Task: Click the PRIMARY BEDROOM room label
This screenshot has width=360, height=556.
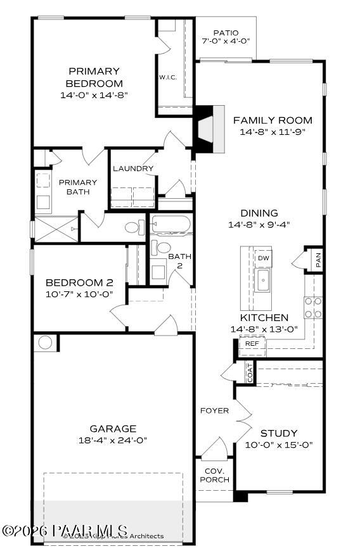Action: coord(94,77)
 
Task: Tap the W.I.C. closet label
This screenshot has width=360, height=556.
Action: coord(167,77)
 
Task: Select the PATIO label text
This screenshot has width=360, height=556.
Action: coord(226,32)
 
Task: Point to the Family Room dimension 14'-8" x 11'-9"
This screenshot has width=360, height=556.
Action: coord(273,132)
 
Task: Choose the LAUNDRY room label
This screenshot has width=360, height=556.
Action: coord(133,168)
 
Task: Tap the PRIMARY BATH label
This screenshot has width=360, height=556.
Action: coord(78,187)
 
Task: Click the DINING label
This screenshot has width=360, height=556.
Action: coord(259,213)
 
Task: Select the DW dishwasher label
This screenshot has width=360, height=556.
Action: coord(264,258)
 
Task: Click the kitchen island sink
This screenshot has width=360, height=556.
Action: coord(263,281)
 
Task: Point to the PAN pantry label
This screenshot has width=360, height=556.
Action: coord(318,259)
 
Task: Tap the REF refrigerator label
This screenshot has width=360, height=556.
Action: coord(252,343)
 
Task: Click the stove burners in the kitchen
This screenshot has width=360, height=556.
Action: coord(312,308)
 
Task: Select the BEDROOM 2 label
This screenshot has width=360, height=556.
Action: coord(79,282)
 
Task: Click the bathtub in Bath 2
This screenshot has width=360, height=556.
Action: coord(170,225)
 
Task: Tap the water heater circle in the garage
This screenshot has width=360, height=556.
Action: coord(45,343)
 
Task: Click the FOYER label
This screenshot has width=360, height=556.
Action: coord(214,410)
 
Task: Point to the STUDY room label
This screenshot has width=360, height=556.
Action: coord(279,433)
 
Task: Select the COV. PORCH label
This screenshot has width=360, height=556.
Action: coord(214,475)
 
